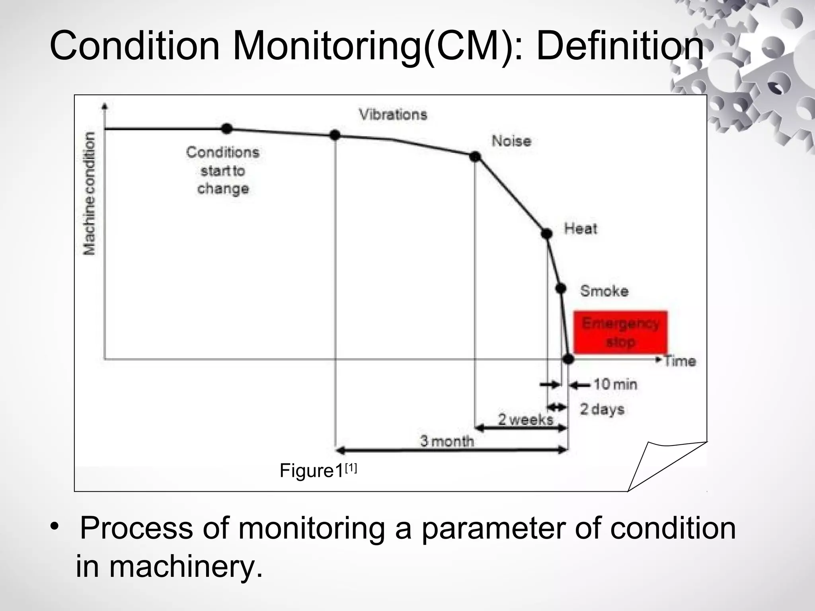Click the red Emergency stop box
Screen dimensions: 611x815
[620, 333]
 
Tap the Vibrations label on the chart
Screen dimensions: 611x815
[393, 115]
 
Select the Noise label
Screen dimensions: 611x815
[511, 141]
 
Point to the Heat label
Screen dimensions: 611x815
[581, 229]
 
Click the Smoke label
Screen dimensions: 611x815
[604, 291]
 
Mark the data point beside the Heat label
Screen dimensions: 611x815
[547, 234]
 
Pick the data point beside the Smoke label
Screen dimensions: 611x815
[561, 289]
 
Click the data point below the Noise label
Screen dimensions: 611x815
[475, 157]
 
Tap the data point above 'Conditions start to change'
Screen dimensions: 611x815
[226, 128]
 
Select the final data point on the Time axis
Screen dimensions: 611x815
[568, 359]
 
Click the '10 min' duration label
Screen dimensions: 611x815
[615, 384]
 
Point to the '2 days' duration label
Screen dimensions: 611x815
[602, 409]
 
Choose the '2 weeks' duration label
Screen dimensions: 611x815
[525, 419]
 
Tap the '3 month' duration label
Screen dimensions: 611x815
[447, 441]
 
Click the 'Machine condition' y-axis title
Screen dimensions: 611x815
[90, 193]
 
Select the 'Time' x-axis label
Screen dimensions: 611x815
[680, 361]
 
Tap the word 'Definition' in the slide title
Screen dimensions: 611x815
[620, 46]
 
